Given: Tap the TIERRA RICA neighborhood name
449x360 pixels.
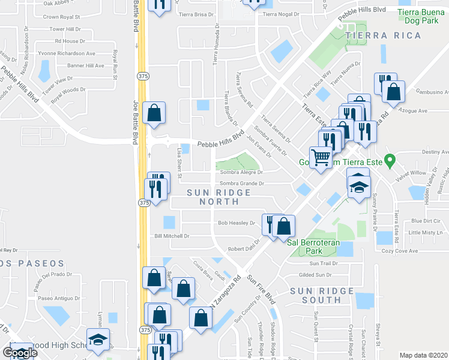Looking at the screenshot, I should point(373,36).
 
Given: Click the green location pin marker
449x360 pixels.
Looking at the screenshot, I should point(390,160).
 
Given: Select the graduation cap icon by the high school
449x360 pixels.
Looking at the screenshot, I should point(98,340).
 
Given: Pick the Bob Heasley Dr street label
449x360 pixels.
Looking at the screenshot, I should point(237,223).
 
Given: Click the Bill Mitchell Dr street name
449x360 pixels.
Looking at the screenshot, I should point(172,236).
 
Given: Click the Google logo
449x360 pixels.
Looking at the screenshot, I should point(20,353).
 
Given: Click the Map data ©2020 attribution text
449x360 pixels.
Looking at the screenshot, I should point(423,355).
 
